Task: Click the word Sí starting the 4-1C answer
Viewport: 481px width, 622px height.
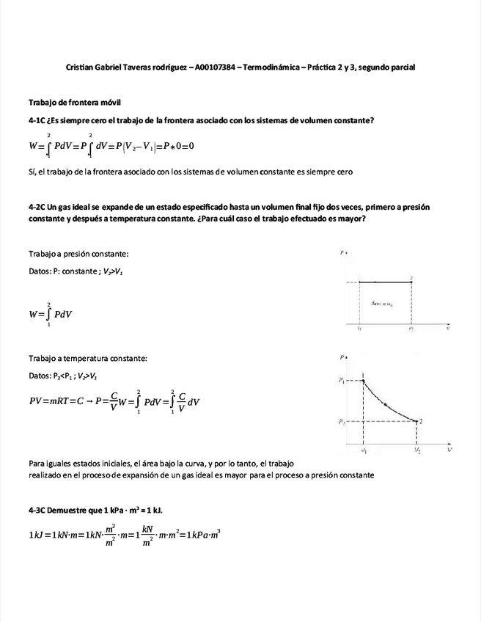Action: coord(32,172)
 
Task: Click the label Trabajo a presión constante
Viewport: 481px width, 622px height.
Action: coord(78,254)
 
